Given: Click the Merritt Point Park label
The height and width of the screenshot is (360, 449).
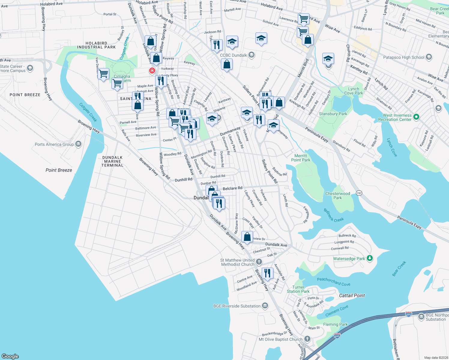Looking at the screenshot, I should pos(301,158).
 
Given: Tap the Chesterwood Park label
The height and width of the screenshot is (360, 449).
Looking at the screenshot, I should pos(338,196).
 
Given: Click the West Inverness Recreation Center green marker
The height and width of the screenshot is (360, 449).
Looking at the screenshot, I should pos(416,117).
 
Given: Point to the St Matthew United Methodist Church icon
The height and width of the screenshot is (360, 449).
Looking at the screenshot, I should pos(259,262).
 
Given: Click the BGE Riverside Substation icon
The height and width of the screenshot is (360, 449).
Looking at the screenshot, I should pos(265,306).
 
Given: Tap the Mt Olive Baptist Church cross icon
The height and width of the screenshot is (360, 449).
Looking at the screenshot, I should pos(307,339).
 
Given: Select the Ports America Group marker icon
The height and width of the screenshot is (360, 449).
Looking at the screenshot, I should pos(78,144).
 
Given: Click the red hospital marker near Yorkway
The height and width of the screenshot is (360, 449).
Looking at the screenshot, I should pos(152,70).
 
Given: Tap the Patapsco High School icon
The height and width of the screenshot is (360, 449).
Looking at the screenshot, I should pos(429,57).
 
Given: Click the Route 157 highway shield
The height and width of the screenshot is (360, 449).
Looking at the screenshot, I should pos(359,193).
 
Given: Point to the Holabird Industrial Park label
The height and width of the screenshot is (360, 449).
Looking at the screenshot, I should pos(96,45).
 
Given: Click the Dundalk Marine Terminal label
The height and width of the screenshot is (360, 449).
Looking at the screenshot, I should pos(113,161).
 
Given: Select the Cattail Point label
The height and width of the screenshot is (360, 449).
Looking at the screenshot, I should pos(352,295).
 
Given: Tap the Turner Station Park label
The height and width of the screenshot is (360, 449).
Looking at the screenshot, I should pos(298,289).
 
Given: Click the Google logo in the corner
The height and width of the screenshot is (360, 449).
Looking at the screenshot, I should pos(10,356).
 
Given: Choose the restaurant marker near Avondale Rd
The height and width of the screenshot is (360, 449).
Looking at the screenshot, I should pos(267,273).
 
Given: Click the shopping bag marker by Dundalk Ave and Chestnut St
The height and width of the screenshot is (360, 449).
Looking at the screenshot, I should pos(247,237).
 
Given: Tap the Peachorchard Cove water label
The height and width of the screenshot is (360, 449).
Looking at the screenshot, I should pos(333,281).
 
